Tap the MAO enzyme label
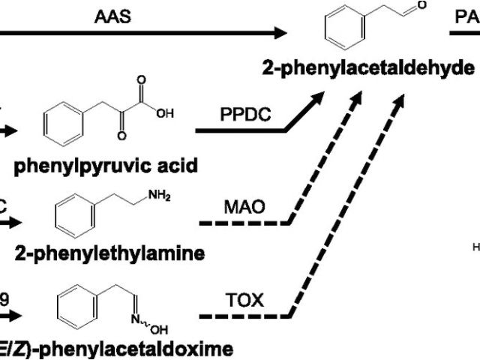pyautogui.click(x=245, y=205)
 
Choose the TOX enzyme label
pyautogui.click(x=245, y=300)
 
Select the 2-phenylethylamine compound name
pyautogui.click(x=109, y=253)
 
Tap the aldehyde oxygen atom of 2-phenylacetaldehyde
pyautogui.click(x=422, y=6)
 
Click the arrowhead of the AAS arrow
pyautogui.click(x=280, y=32)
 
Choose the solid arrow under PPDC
pyautogui.click(x=240, y=130)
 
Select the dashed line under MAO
pyautogui.click(x=244, y=223)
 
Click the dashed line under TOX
pyautogui.click(x=244, y=316)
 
